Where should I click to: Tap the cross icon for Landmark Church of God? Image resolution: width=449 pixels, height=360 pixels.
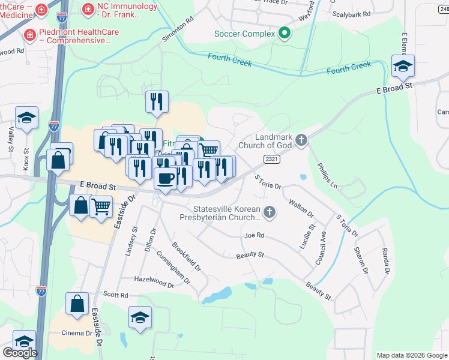tap(301, 140)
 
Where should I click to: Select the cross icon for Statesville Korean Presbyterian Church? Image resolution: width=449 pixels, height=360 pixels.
tap(270, 211)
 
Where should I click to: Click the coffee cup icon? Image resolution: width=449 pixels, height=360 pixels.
tap(165, 177)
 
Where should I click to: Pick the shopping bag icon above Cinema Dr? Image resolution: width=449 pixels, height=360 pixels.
tap(77, 304)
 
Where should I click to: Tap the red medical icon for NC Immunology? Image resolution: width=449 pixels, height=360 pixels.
tap(88, 9)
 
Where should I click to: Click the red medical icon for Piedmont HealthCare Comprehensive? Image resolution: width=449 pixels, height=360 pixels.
tap(29, 36)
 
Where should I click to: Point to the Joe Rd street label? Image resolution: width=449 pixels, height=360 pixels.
tap(255, 236)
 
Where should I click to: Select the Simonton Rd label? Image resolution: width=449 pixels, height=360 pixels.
tap(178, 29)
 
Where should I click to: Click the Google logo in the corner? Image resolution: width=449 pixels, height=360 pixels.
tap(20, 353)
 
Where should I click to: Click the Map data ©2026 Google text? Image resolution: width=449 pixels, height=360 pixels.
tap(411, 355)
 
